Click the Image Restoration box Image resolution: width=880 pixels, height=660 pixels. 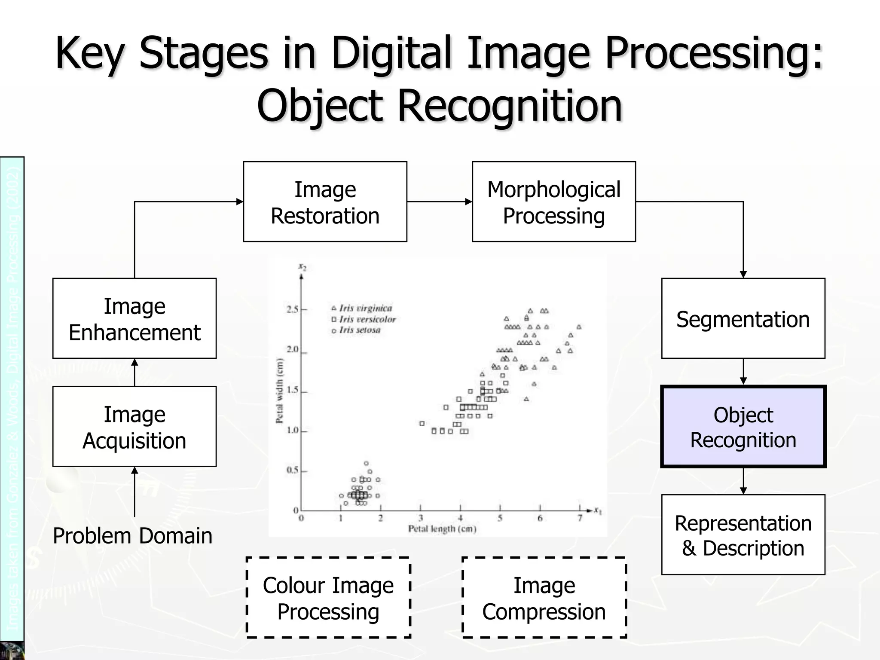coord(325,202)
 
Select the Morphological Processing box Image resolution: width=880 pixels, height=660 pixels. coord(553,202)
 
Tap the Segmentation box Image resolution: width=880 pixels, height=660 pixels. coord(743,318)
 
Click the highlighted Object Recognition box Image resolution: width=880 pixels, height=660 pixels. coord(743,427)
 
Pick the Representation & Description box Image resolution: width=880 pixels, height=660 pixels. coord(743,535)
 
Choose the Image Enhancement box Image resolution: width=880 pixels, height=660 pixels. coord(134,318)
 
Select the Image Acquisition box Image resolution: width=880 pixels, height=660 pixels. coord(134,426)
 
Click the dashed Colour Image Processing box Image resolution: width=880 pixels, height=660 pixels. coord(328,598)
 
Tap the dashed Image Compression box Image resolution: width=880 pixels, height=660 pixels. coord(544,598)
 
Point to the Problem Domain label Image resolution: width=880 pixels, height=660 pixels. coord(132,536)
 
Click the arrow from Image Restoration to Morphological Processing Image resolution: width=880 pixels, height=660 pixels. coord(439,202)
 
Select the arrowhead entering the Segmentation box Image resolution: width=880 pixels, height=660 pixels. coord(743,274)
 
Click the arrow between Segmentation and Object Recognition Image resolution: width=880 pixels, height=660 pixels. coord(743,372)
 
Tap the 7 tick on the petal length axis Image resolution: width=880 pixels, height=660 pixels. coord(580,518)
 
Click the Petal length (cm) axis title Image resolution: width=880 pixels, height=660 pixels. coord(442,529)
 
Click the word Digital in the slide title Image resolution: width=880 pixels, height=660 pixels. coord(391,53)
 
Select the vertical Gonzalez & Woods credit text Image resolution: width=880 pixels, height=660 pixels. coord(12,395)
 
